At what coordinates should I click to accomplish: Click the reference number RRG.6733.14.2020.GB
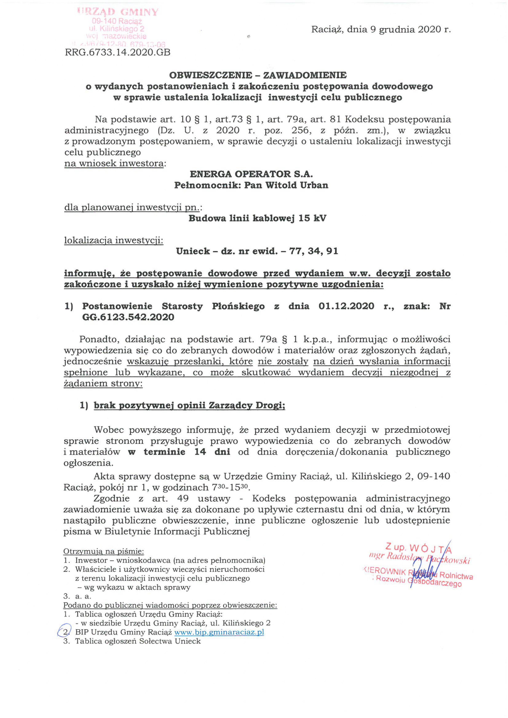click(x=118, y=52)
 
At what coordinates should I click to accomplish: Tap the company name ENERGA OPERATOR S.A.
click(x=251, y=174)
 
